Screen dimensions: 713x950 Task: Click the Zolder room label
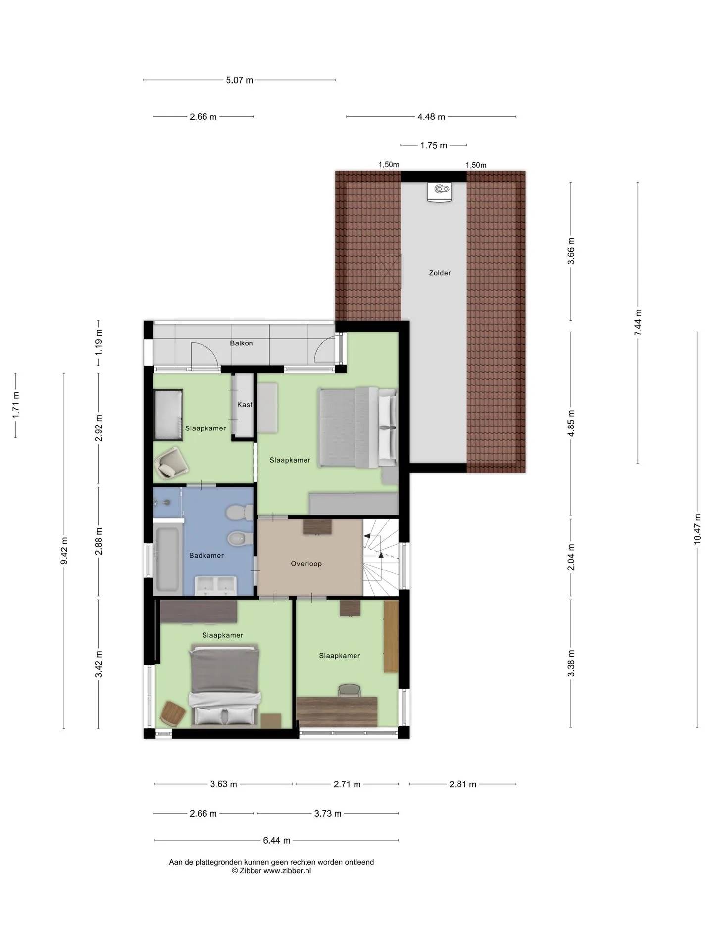pyautogui.click(x=440, y=273)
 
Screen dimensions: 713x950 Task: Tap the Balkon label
pyautogui.click(x=241, y=343)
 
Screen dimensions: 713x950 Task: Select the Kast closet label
pyautogui.click(x=245, y=405)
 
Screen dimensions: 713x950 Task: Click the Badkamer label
pyautogui.click(x=206, y=556)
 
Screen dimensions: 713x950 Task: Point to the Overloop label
pyautogui.click(x=306, y=564)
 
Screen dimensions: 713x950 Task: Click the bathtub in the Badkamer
pyautogui.click(x=166, y=560)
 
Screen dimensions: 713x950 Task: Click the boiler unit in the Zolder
pyautogui.click(x=440, y=192)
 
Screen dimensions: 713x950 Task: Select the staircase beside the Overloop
pyautogui.click(x=381, y=557)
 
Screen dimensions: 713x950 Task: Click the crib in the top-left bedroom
pyautogui.click(x=168, y=415)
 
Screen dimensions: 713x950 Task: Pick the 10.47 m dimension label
pyautogui.click(x=697, y=529)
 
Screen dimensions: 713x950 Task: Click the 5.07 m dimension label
pyautogui.click(x=240, y=80)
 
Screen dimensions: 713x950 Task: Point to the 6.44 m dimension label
pyautogui.click(x=277, y=840)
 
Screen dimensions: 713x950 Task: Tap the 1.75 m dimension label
pyautogui.click(x=434, y=145)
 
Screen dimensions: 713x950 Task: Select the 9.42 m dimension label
pyautogui.click(x=64, y=550)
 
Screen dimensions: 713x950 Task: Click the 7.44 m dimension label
pyautogui.click(x=638, y=323)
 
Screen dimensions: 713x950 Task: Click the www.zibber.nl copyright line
pyautogui.click(x=271, y=871)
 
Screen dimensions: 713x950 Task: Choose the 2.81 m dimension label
pyautogui.click(x=463, y=784)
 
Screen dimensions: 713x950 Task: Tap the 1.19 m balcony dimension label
pyautogui.click(x=98, y=342)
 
